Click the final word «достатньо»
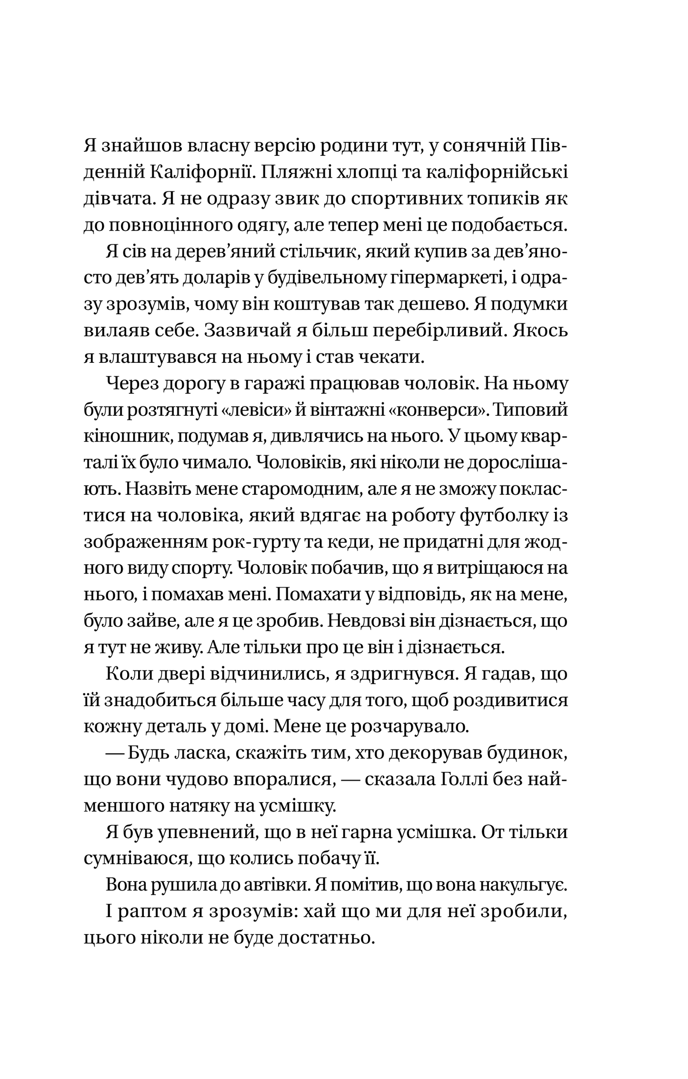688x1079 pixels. (324, 939)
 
